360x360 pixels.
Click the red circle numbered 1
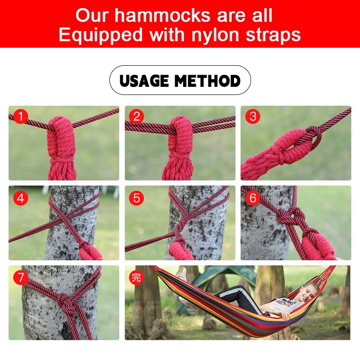[x=21, y=116]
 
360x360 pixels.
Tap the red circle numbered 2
[x=137, y=116]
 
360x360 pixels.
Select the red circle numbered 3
[x=253, y=116]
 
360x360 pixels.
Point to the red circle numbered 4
[x=21, y=198]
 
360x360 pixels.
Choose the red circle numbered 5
[x=137, y=198]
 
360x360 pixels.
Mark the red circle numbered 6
[x=253, y=198]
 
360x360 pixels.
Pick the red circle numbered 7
[x=21, y=277]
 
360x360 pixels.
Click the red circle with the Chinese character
[x=137, y=277]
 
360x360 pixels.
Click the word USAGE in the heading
[x=144, y=81]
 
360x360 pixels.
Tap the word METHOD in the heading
[x=207, y=81]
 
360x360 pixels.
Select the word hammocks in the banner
[x=162, y=15]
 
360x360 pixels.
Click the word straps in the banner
[x=273, y=35]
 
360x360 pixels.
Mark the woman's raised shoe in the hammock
[x=181, y=274]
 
